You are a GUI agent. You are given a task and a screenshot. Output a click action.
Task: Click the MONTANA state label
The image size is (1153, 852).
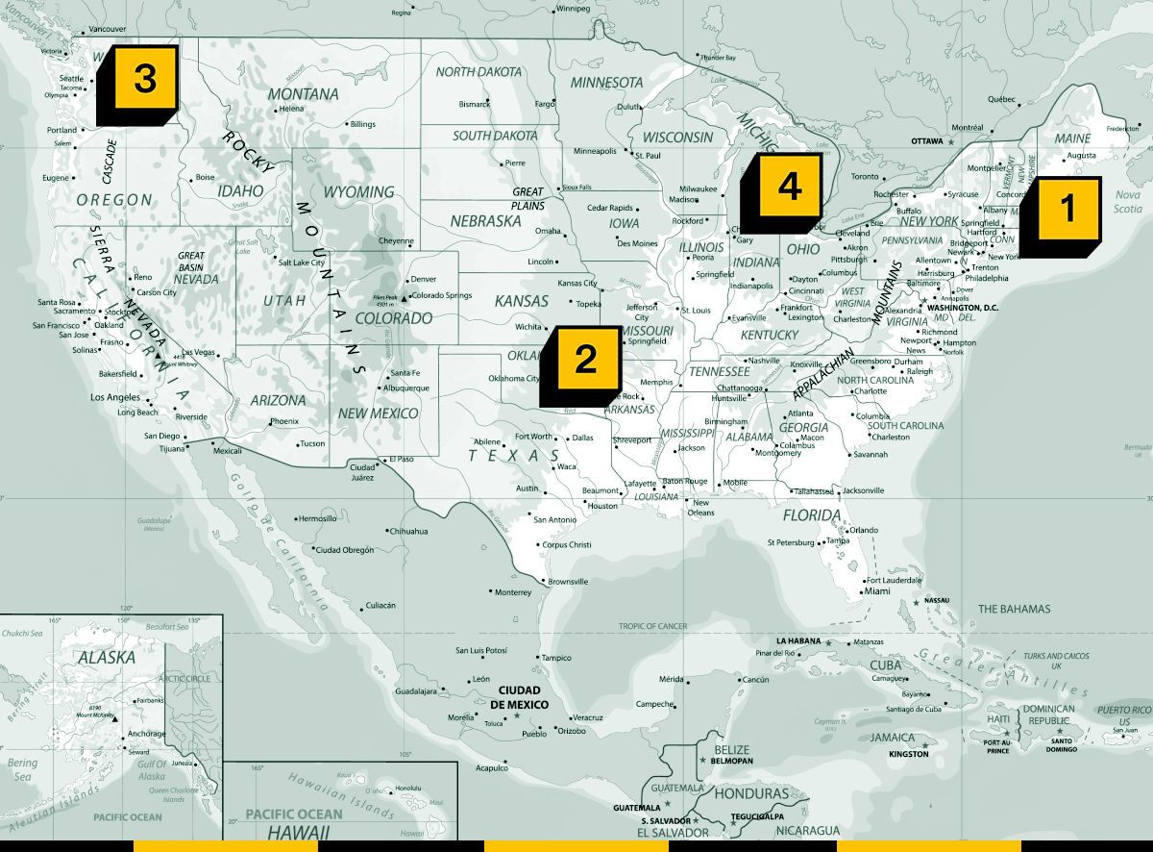coord(303,94)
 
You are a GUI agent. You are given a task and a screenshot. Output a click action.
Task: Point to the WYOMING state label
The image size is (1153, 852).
coord(358,192)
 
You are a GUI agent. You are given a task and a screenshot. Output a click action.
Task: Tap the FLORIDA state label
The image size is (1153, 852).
coord(812,515)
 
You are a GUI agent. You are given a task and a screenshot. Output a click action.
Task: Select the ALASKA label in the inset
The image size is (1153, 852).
coord(107,658)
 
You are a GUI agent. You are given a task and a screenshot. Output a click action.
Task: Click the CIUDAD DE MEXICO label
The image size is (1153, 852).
coord(519,697)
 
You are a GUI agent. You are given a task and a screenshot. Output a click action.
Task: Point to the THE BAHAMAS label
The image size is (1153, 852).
coord(1014,609)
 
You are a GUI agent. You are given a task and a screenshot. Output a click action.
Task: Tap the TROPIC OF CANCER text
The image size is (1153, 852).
coord(652,626)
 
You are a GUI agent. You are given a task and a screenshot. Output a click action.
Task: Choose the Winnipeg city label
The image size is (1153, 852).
coord(573,9)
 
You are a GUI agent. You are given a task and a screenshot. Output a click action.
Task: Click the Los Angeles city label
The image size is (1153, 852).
coord(115,397)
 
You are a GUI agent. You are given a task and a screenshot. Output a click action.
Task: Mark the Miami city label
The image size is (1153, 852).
coord(876,591)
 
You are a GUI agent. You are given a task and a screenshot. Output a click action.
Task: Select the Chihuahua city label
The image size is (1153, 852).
coord(408,531)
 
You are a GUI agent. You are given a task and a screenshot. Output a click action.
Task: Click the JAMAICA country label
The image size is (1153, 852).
coord(893,738)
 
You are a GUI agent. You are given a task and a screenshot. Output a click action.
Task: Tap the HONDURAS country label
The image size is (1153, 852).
coord(751,794)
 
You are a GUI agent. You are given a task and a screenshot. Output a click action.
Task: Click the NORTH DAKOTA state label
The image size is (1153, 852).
coord(478,72)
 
